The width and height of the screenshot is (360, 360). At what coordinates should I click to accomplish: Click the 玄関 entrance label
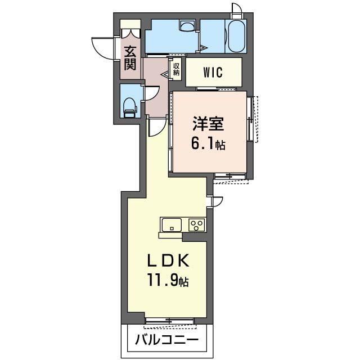[x=130, y=58]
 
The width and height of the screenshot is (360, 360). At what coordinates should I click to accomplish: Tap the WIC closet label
[x=213, y=72]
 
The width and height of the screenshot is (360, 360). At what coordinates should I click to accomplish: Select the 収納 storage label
[x=176, y=70]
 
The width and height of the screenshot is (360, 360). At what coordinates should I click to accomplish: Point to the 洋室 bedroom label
[x=209, y=124]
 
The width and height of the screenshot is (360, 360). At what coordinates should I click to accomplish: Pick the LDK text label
[x=168, y=260]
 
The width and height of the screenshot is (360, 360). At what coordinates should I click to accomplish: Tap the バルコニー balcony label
[x=167, y=340]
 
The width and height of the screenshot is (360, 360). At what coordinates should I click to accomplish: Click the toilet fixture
[x=130, y=107]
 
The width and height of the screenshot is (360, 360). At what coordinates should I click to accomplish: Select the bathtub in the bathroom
[x=236, y=37]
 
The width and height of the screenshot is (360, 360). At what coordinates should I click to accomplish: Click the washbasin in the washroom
[x=187, y=25]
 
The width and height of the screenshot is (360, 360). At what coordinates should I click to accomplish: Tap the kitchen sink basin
[x=172, y=225]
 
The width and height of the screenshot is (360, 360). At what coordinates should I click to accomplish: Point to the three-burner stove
[x=197, y=225]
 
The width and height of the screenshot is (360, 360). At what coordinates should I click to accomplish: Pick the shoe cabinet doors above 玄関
[x=130, y=33]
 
